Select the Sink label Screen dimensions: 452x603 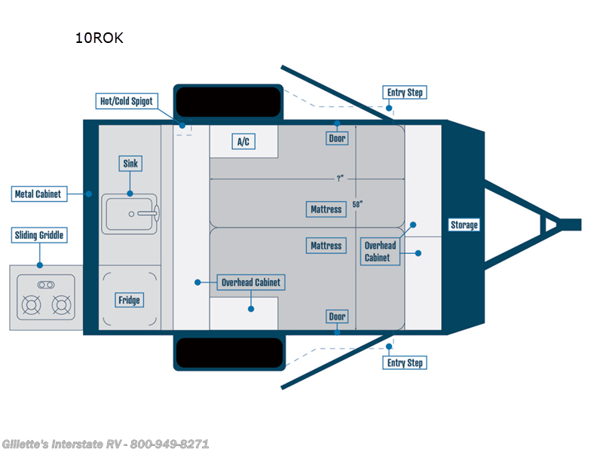tap(130, 163)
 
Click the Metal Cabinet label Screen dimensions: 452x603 tap(38, 194)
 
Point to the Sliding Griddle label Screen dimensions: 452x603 tap(38, 236)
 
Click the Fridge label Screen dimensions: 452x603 tap(129, 300)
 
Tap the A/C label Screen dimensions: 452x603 tap(243, 142)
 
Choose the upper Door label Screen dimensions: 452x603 tap(337, 139)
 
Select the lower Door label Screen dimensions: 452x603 tap(337, 316)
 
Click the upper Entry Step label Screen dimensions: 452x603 tap(405, 93)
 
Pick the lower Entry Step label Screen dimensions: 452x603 tap(405, 363)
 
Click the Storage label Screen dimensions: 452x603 tap(464, 224)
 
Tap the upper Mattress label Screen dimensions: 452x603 tap(326, 209)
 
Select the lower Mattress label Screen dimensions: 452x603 tap(326, 246)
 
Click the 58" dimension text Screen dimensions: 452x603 tap(366, 204)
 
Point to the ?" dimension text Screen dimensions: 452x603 tap(341, 179)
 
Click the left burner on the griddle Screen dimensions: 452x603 tap(31, 306)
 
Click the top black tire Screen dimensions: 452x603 tap(228, 101)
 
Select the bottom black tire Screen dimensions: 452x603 tap(229, 353)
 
